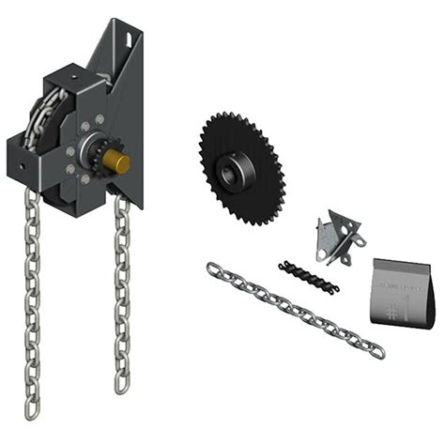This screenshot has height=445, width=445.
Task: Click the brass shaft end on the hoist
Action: tap(119, 161)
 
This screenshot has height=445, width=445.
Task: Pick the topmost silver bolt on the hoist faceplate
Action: tap(100, 120)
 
